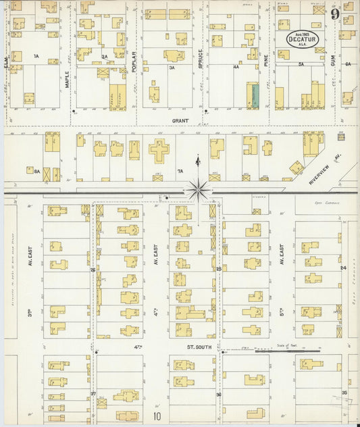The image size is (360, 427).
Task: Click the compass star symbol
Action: click(x=198, y=189)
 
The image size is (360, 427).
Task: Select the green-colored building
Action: click(x=254, y=95)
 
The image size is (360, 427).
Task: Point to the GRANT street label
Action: click(x=179, y=121)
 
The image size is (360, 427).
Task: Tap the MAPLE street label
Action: click(x=67, y=81)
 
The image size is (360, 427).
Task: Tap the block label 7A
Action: click(x=180, y=171)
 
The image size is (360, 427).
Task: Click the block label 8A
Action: click(x=37, y=172)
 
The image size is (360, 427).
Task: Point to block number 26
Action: click(x=93, y=269)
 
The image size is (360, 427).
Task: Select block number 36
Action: click(x=218, y=394)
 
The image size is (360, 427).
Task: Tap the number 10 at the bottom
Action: click(x=157, y=416)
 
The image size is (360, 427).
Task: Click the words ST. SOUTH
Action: click(x=200, y=347)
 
